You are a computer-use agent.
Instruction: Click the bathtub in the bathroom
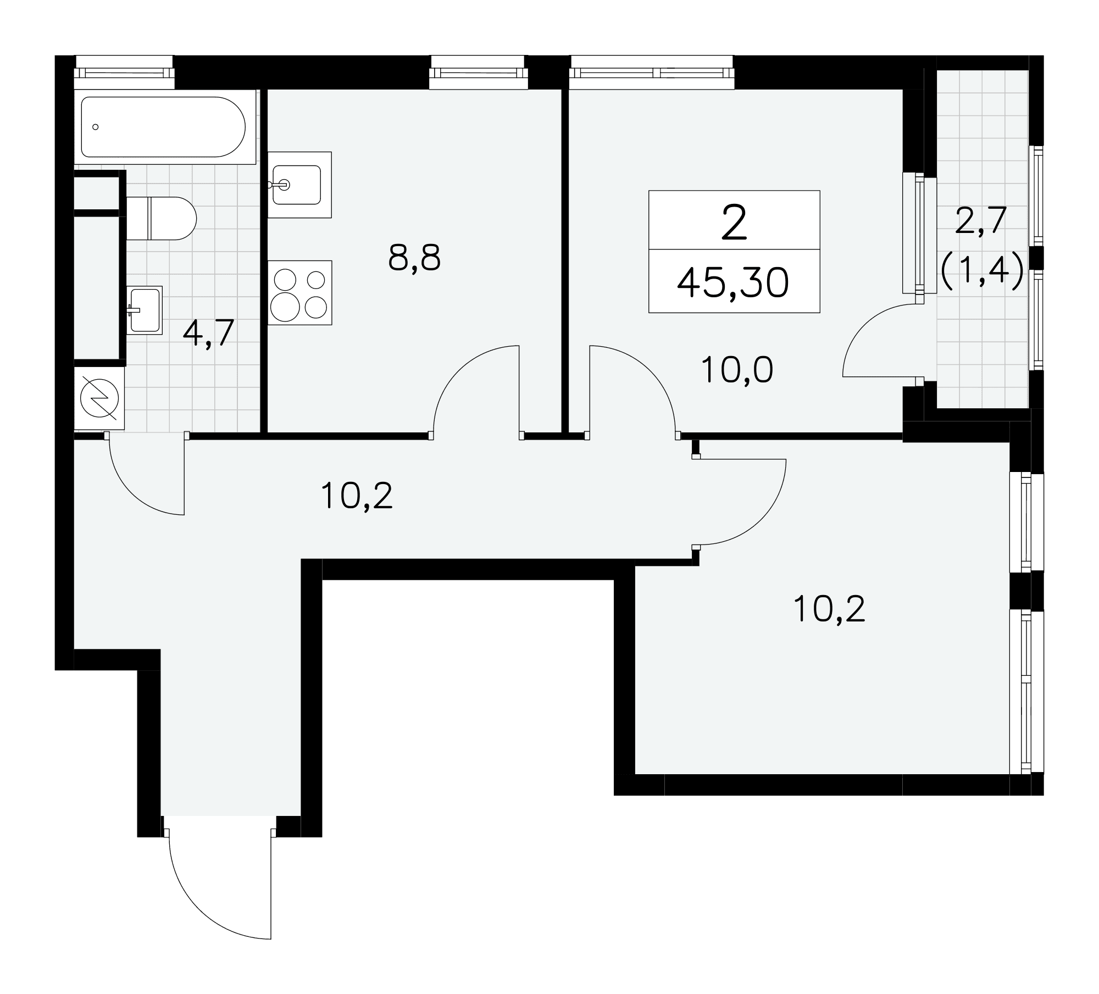click(x=165, y=127)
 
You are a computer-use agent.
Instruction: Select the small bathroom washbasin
click(x=145, y=310)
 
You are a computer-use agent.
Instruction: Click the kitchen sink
click(x=299, y=185)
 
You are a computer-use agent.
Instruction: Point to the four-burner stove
click(x=299, y=292)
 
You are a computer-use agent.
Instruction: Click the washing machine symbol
click(x=99, y=398)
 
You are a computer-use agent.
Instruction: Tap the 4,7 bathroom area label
click(x=208, y=333)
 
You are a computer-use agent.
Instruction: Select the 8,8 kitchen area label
click(x=414, y=258)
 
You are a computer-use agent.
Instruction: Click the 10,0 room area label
click(x=737, y=370)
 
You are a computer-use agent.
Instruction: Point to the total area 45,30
click(x=733, y=284)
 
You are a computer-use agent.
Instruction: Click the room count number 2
click(x=734, y=221)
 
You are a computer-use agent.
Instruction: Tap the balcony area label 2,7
click(x=981, y=221)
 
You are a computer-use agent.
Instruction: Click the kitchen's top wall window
click(x=478, y=72)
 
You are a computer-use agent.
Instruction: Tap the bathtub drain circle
click(x=96, y=127)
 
